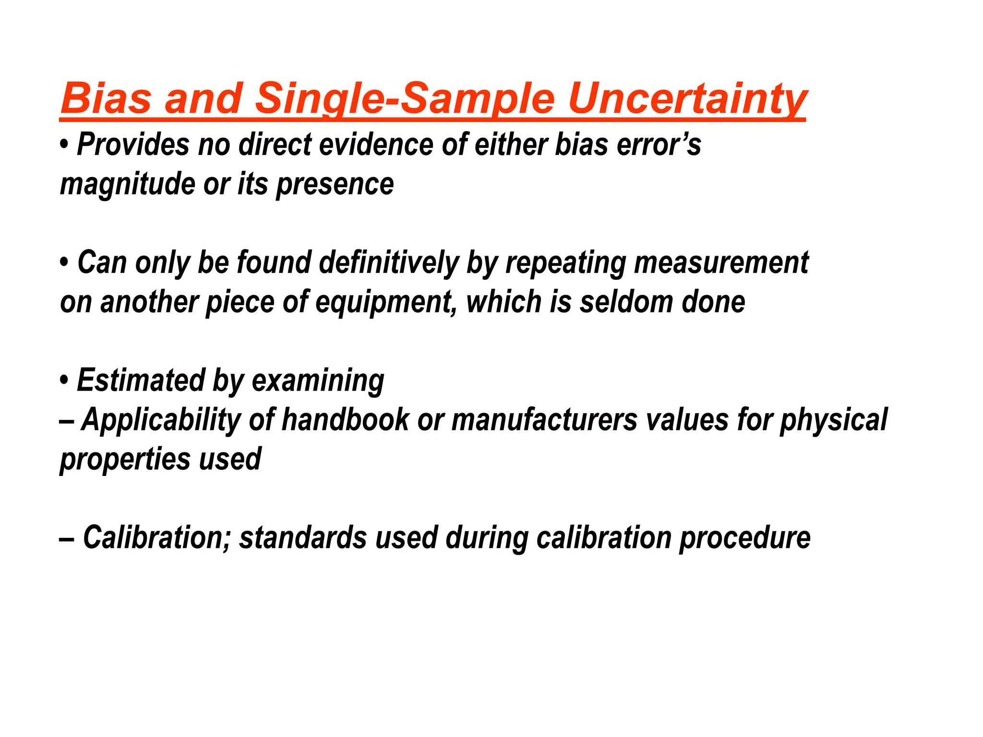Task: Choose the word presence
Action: point(335,185)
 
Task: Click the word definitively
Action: point(388,263)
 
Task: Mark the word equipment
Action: point(383,303)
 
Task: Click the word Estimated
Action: point(141,380)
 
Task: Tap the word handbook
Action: point(345,419)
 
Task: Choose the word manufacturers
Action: point(544,419)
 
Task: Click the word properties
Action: point(124,460)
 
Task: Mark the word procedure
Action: point(744,538)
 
